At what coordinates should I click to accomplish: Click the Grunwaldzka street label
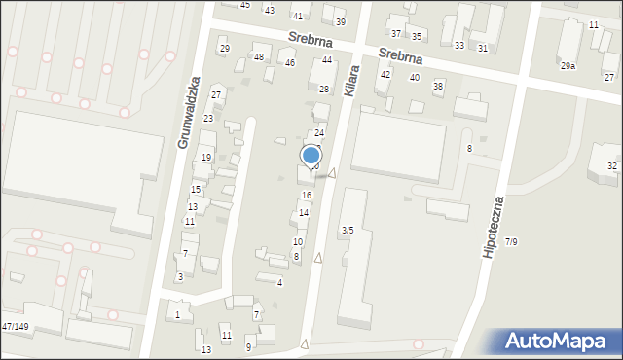pyautogui.click(x=189, y=113)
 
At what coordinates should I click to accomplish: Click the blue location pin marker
pyautogui.click(x=311, y=157)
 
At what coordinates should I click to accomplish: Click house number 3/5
pyautogui.click(x=347, y=230)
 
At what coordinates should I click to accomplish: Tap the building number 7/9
pyautogui.click(x=511, y=241)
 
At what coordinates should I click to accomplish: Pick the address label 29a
pyautogui.click(x=568, y=65)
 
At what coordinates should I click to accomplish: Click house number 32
pyautogui.click(x=612, y=166)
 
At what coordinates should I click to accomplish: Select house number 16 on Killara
pyautogui.click(x=307, y=196)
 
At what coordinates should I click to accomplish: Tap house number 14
pyautogui.click(x=304, y=212)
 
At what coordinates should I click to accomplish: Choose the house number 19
pyautogui.click(x=206, y=158)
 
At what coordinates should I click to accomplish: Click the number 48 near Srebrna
pyautogui.click(x=259, y=57)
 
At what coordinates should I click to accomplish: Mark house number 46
pyautogui.click(x=290, y=63)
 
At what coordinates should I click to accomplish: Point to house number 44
pyautogui.click(x=327, y=60)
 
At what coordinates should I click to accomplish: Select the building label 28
pyautogui.click(x=324, y=89)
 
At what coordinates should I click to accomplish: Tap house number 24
pyautogui.click(x=318, y=132)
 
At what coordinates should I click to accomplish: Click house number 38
pyautogui.click(x=438, y=86)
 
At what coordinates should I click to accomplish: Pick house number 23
pyautogui.click(x=208, y=118)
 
